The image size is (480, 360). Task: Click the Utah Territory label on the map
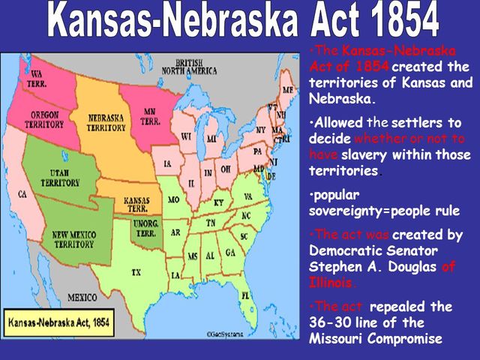click(60, 177)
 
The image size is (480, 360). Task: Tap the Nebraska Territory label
click(106, 123)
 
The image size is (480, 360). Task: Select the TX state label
click(137, 271)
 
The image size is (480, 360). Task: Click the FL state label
click(244, 295)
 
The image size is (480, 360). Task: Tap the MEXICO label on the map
click(82, 297)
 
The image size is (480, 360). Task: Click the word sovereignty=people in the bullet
click(373, 210)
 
